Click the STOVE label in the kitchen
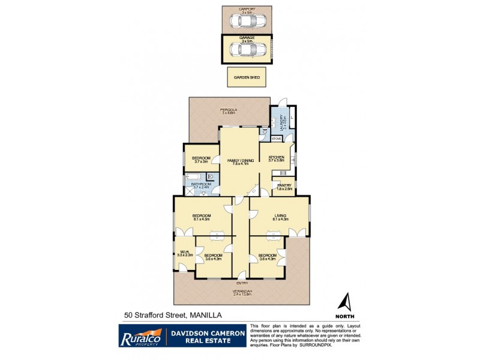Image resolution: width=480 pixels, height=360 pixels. [x=276, y=139]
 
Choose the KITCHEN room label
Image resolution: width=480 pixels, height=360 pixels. [x=276, y=157]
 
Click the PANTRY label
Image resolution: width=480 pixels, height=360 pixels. [x=284, y=185]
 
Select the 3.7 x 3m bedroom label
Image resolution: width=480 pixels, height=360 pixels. [x=201, y=158]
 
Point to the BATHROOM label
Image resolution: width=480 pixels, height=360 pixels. [x=201, y=184]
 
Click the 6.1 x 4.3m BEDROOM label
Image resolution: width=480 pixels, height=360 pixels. [x=201, y=216]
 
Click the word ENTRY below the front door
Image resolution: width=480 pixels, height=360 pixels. [x=242, y=282]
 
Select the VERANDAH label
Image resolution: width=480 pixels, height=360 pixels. [x=242, y=292]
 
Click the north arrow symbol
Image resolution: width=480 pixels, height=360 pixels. [x=345, y=302]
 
